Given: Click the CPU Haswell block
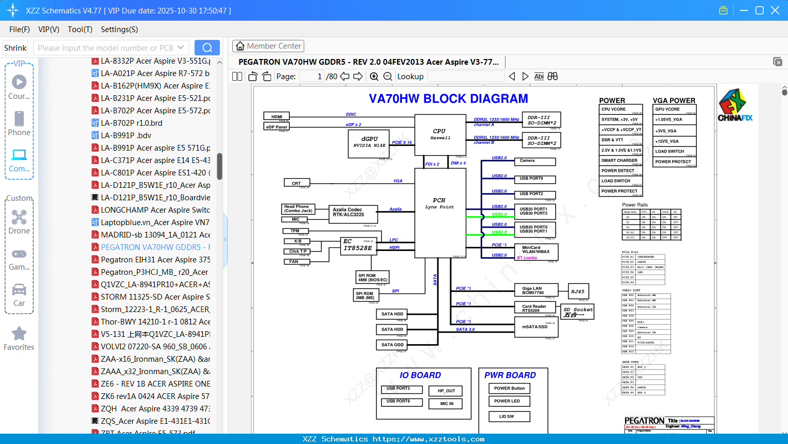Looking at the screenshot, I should [440, 134].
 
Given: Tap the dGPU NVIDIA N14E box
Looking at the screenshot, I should [369, 142].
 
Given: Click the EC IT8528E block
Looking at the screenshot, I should [358, 245].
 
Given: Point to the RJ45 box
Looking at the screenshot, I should [578, 291].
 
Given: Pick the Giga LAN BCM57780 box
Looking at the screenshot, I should [536, 290].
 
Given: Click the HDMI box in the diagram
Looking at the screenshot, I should [277, 116].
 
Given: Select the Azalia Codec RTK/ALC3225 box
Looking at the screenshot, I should [349, 212].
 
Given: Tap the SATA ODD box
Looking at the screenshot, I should [392, 345].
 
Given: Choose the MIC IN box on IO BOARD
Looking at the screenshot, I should [447, 404].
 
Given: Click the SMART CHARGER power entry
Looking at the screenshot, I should [620, 160].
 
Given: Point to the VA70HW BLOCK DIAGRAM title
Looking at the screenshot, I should [448, 99].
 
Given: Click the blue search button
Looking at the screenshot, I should [207, 48].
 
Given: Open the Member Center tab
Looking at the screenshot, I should [269, 46].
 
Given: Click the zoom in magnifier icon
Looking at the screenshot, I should [374, 77].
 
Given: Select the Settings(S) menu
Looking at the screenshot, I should [119, 29].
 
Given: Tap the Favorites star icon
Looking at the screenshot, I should [19, 334].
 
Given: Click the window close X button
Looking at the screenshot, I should [775, 10].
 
